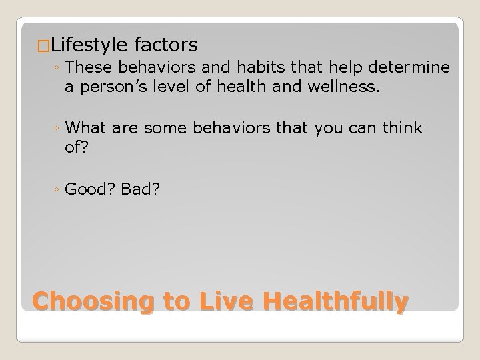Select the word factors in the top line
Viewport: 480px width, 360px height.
tap(166, 45)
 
